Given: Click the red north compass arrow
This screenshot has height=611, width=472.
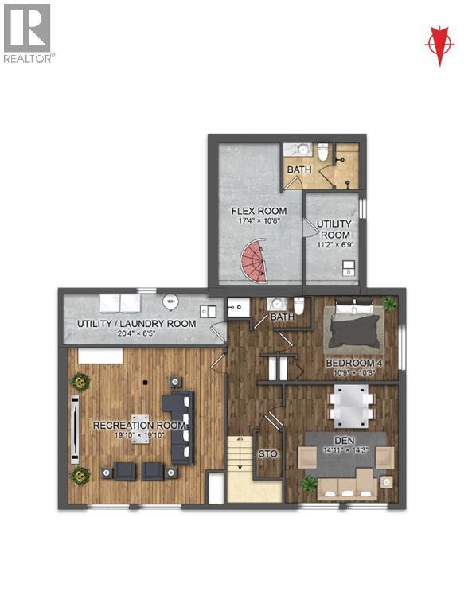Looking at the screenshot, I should click(x=439, y=43).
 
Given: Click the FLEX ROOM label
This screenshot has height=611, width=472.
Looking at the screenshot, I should click(x=253, y=211).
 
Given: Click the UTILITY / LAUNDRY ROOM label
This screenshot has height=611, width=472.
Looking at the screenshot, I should click(x=136, y=324).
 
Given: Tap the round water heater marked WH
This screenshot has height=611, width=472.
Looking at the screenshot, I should click(x=170, y=302).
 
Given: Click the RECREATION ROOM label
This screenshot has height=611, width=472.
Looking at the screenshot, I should click(x=139, y=426).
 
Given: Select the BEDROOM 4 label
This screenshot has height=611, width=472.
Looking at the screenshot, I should click(x=354, y=364).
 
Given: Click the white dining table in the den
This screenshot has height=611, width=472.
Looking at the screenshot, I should click(x=349, y=402).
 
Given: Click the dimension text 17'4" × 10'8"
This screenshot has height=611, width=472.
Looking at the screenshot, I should click(x=253, y=222).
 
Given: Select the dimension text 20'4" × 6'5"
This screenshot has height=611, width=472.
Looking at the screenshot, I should click(x=136, y=335).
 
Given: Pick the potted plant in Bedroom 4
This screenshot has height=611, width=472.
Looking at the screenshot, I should click(x=388, y=303).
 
